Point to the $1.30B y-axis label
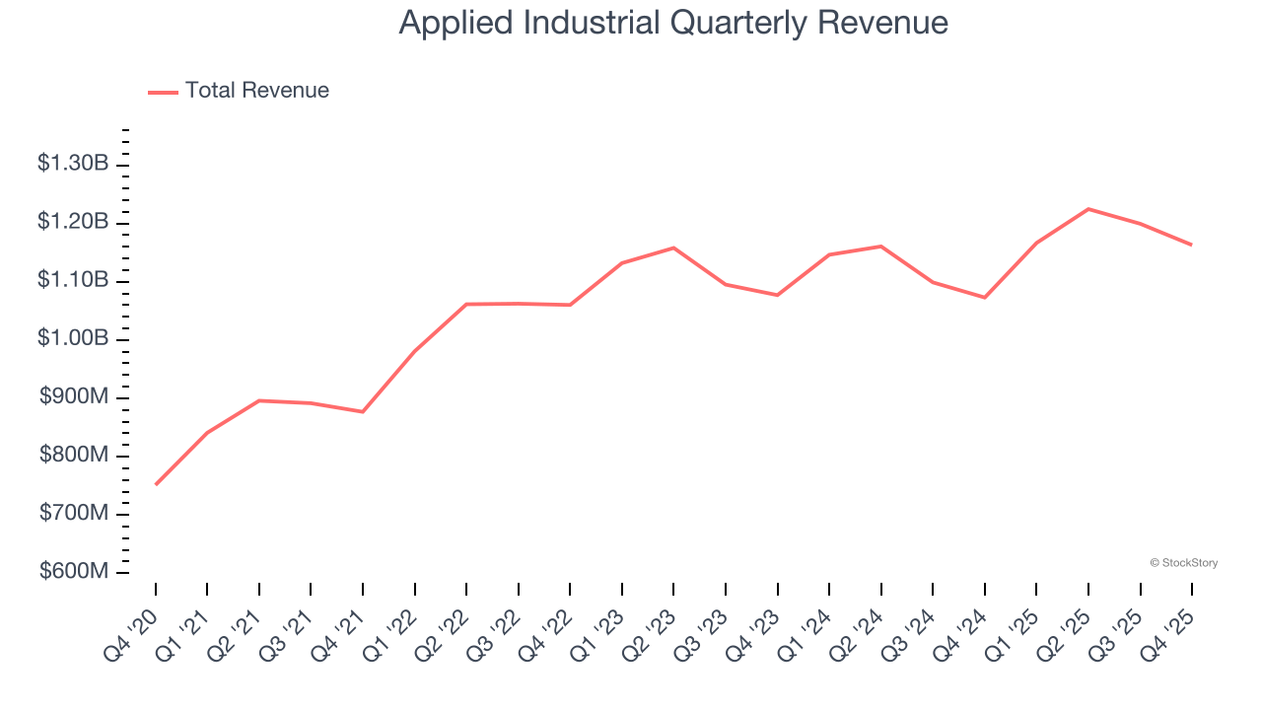pos(73,164)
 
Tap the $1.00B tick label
pos(73,339)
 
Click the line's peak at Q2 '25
pos(1088,209)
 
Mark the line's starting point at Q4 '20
pos(156,484)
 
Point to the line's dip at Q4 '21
pos(363,411)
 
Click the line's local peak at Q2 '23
pos(673,248)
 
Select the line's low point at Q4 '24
pos(985,297)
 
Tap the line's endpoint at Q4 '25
pos(1192,245)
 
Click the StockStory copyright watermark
pos(1183,563)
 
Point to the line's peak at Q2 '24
pos(880,246)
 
